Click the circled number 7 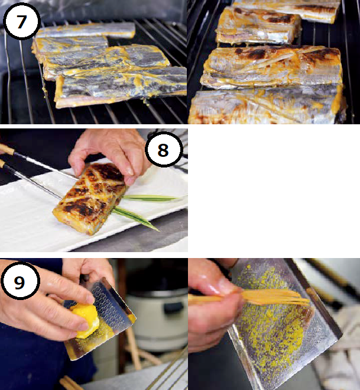[22, 21]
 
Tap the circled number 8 [164, 150]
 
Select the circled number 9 [20, 281]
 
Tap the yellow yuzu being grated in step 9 [86, 320]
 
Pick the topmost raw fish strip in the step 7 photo [86, 30]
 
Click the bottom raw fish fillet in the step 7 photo [121, 87]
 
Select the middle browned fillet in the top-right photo [271, 67]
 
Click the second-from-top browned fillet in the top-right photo [258, 26]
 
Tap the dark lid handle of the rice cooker [171, 307]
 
